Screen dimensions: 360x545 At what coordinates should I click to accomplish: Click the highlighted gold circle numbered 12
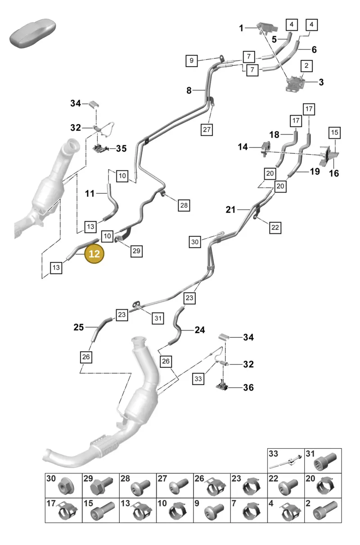point(94,254)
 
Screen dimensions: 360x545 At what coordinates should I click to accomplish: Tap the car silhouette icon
point(32,33)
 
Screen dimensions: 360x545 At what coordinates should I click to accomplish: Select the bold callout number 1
point(241,28)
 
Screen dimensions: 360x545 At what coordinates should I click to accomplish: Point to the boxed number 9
point(192,61)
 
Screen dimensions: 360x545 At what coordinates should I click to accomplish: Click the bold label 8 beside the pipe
point(189,90)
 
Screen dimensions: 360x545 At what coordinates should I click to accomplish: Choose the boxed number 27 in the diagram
point(207,130)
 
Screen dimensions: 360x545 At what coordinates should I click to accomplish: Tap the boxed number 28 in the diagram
point(184,205)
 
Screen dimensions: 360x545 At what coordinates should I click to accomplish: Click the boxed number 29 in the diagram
point(136,251)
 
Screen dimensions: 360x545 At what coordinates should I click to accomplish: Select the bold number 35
point(121,148)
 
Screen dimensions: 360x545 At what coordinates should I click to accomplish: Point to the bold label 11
point(90,194)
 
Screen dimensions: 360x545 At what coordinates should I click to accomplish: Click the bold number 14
point(243,147)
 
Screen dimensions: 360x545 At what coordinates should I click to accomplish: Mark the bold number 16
point(334,174)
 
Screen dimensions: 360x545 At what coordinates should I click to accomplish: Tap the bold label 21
point(230,210)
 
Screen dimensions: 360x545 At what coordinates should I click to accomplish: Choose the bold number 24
point(200,330)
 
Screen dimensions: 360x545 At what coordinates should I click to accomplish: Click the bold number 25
point(79,327)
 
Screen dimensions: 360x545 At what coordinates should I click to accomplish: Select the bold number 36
point(248,388)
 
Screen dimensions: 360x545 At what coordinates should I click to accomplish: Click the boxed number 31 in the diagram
point(158,318)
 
